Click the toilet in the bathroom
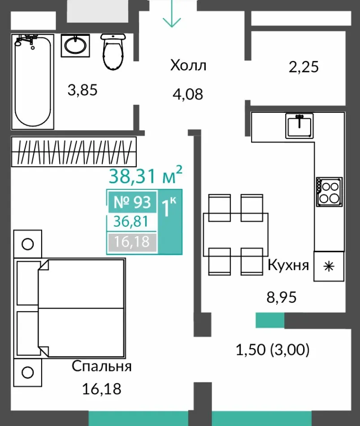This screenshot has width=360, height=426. click(x=113, y=52)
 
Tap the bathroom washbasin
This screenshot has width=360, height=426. click(x=75, y=46)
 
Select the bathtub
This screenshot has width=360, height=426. click(x=33, y=82)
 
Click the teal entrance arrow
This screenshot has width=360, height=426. click(x=172, y=13)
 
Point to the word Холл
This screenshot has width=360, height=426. click(x=188, y=65)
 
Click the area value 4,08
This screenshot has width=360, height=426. click(x=188, y=94)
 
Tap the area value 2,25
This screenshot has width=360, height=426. click(x=304, y=67)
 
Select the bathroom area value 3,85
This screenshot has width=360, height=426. click(x=82, y=90)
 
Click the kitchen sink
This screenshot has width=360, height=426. click(x=299, y=126)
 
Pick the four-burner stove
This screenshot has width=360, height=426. click(x=329, y=192)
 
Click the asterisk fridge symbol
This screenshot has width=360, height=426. click(x=329, y=267)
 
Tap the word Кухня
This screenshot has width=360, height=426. click(x=288, y=265)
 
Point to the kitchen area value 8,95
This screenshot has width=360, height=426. click(x=282, y=297)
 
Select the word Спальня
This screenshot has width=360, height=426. click(x=102, y=366)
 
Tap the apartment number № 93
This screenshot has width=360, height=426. click(x=132, y=202)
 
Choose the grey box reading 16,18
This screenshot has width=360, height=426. click(x=132, y=242)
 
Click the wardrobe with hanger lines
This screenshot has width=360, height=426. click(x=74, y=151)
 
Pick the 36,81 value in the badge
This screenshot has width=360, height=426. click(x=131, y=221)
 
